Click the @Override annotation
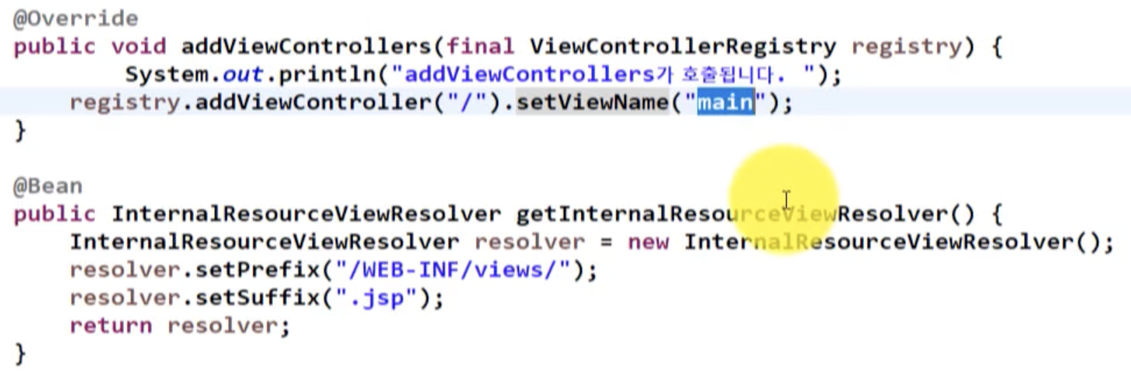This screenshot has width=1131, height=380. coord(75,19)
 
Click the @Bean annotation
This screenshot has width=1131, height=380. coord(47,186)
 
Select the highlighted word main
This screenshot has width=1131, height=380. coord(725,103)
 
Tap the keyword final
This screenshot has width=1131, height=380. coord(481,47)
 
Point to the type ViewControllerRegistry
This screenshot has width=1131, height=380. coord(683,47)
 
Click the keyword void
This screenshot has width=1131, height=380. coord(139,47)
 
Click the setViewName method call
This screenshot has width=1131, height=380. coord(592,103)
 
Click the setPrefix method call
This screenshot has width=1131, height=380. coord(249,270)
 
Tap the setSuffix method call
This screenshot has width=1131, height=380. coord(249,298)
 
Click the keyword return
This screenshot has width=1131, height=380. coord(111,326)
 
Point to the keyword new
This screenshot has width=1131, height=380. coord(648,242)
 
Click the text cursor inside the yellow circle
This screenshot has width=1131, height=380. coord(786,200)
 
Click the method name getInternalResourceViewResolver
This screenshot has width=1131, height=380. coord(725,214)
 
